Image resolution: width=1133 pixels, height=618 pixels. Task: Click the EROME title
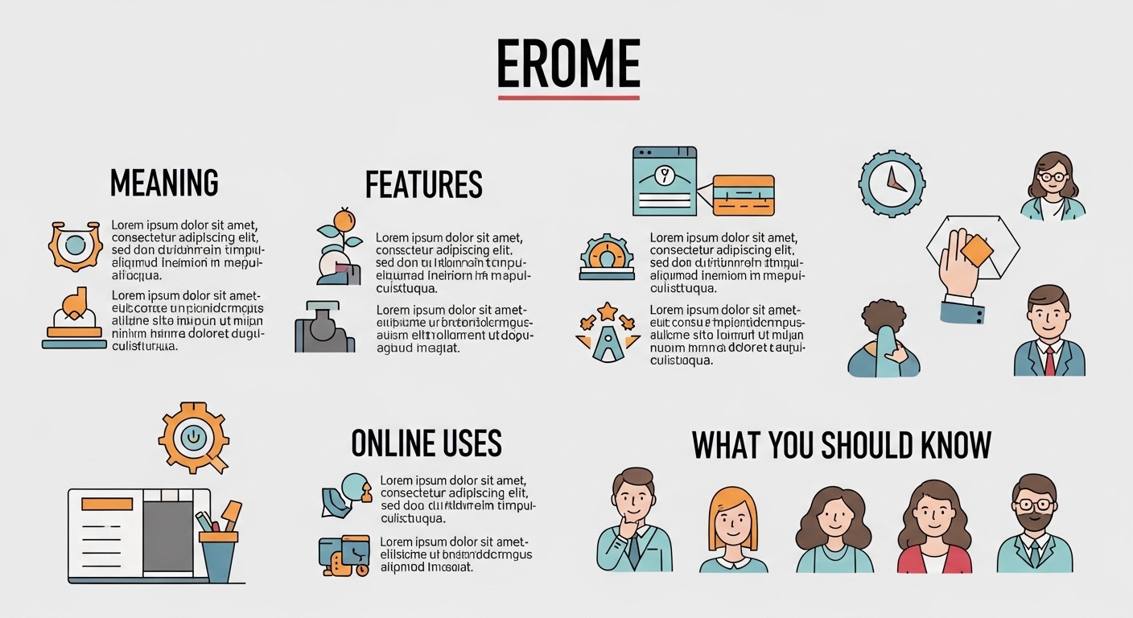568,64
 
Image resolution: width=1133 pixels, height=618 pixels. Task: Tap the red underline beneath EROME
568,97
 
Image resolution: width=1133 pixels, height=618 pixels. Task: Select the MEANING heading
164,183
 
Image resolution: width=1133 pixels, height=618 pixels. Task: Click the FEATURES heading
423,185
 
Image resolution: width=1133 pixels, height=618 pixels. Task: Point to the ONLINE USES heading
426,443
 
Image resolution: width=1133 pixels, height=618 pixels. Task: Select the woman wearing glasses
1053,186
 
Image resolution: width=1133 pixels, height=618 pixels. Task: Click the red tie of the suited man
1049,360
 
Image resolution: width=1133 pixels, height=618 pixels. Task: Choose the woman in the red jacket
934,527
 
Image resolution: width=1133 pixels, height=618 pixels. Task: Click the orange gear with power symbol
193,438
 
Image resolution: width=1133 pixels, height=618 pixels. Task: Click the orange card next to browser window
743,195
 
